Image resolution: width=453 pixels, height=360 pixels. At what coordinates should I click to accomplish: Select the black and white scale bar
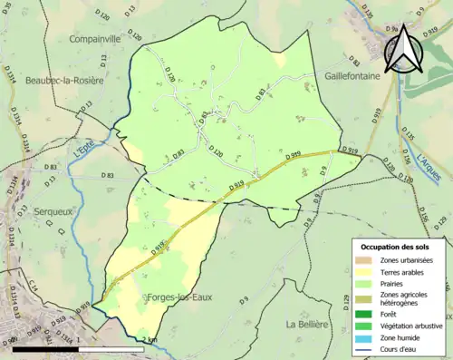[x=79, y=348]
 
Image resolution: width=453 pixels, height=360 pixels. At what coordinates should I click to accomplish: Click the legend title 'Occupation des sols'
[x=396, y=247]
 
